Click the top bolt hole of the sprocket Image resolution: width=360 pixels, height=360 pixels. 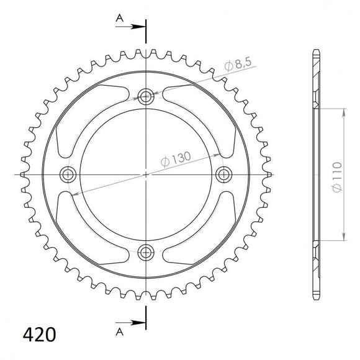click(x=146, y=96)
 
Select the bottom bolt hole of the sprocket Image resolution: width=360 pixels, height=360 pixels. click(x=146, y=252)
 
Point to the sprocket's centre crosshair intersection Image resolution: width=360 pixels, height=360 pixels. click(x=146, y=174)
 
